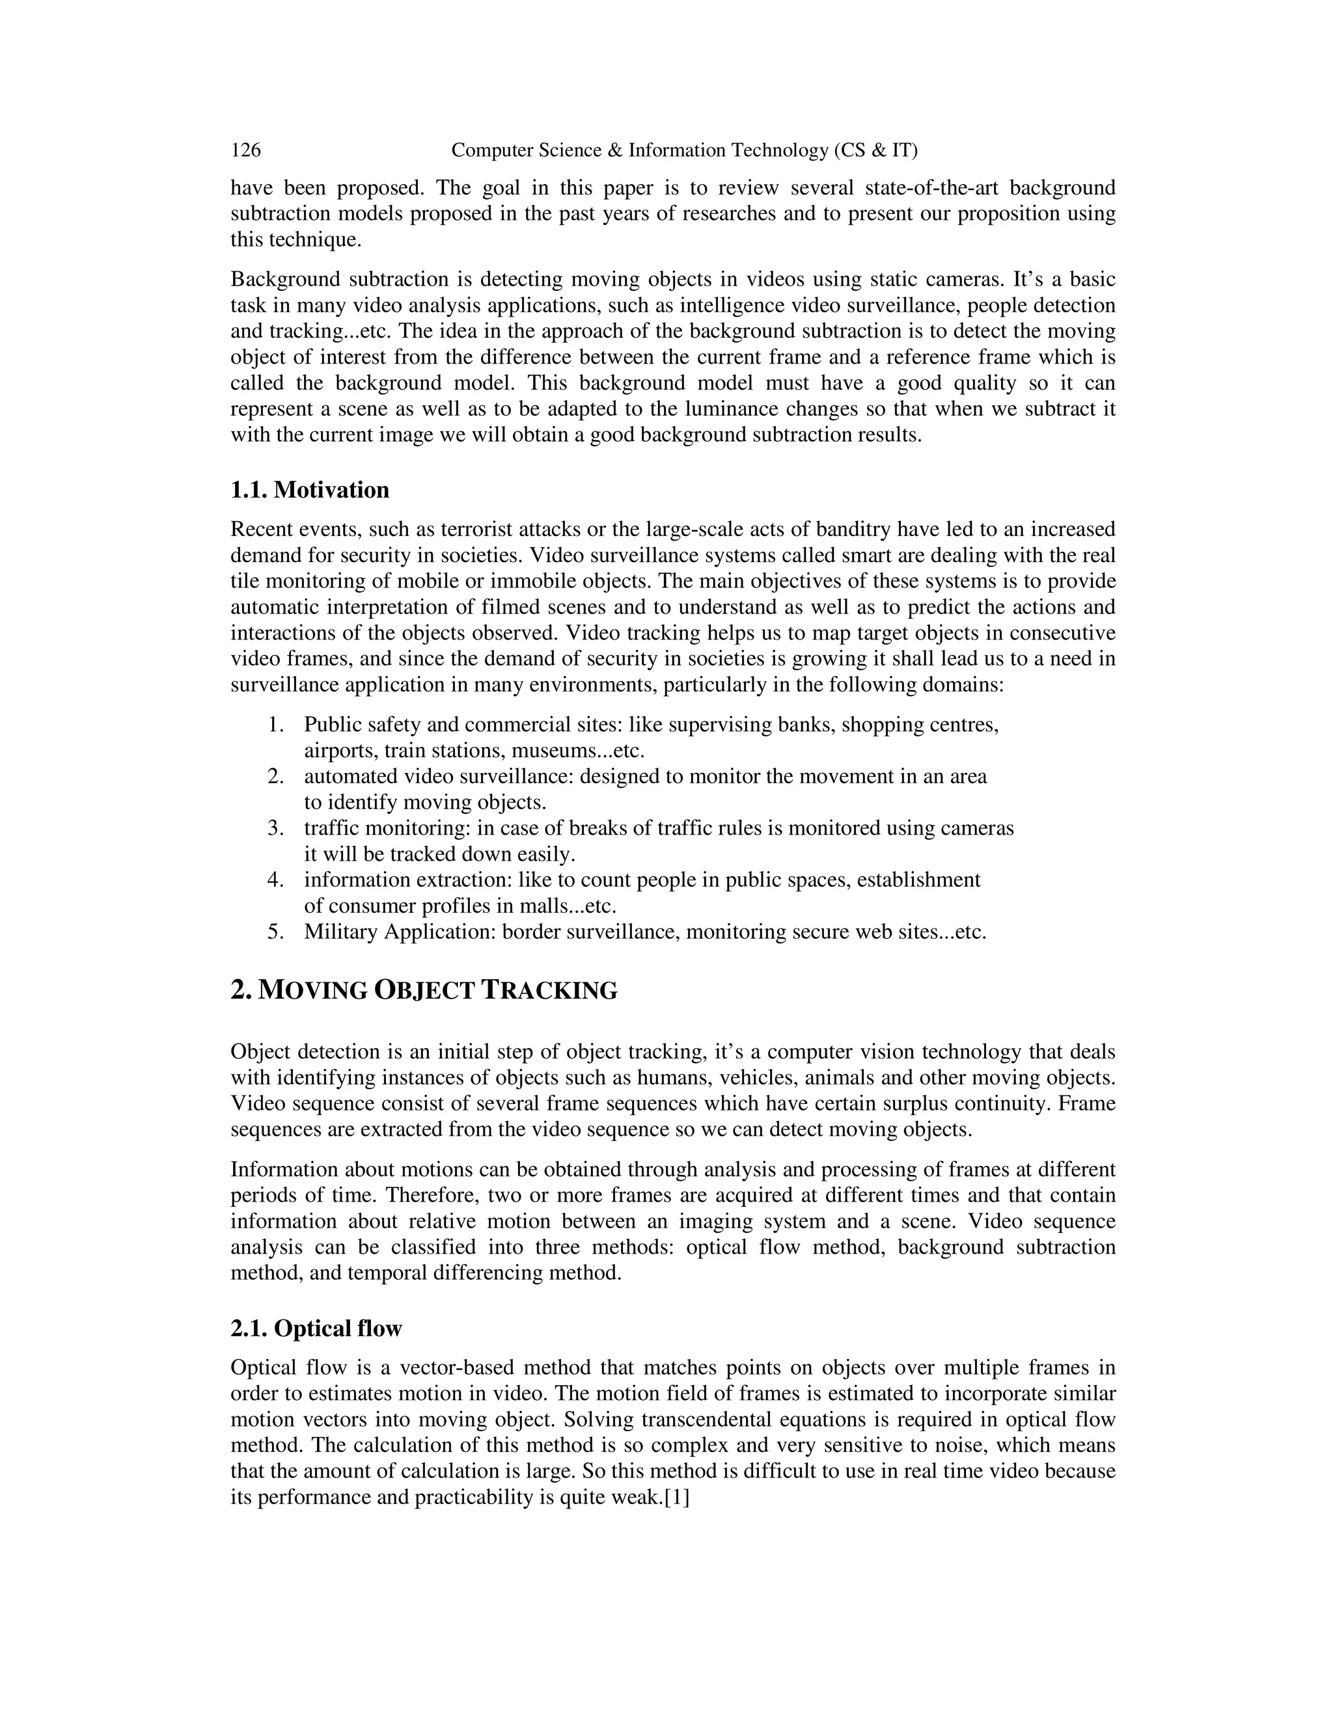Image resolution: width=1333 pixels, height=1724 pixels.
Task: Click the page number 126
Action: pyautogui.click(x=245, y=150)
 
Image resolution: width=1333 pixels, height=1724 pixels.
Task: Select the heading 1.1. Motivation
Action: pyautogui.click(x=310, y=491)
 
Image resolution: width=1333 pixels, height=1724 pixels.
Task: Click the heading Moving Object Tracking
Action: pyautogui.click(x=424, y=990)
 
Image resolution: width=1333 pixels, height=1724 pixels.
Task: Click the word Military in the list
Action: pyautogui.click(x=341, y=932)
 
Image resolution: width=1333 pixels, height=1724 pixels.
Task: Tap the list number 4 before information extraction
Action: pyautogui.click(x=275, y=880)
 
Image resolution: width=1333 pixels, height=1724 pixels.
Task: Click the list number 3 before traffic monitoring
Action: pyautogui.click(x=275, y=828)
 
